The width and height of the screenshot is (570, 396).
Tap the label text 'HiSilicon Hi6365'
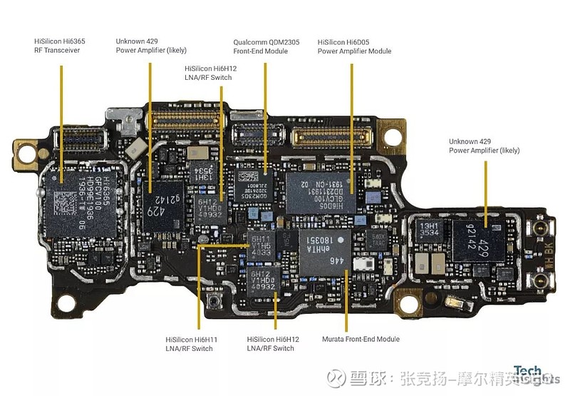[59, 42]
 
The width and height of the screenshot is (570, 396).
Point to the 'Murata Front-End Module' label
[361, 339]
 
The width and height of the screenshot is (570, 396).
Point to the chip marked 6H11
[261, 243]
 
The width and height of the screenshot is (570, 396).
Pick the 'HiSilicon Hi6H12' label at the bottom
[272, 339]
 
